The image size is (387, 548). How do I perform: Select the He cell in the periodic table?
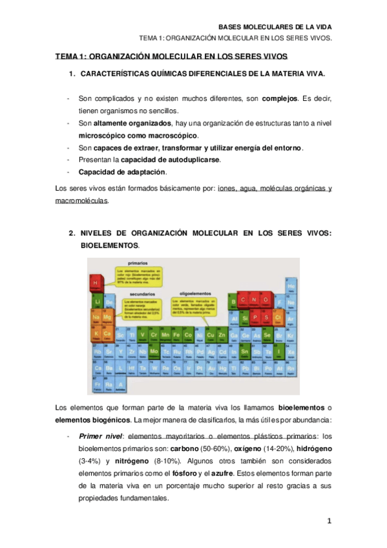coord(291,284)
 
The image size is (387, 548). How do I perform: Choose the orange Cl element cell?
coord(278,317)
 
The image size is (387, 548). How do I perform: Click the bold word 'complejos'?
coord(279,98)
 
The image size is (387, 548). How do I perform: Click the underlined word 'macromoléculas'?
coord(82,200)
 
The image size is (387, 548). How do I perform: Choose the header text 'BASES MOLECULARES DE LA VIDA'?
coord(275,26)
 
